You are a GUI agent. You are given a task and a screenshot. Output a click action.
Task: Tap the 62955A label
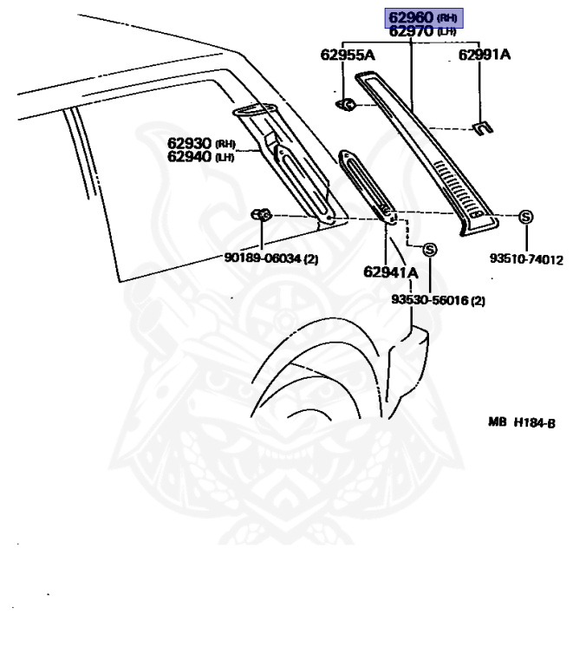coord(347,55)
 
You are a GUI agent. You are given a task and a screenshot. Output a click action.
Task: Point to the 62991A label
coord(484,55)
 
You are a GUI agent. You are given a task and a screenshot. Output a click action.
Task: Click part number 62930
coord(190,143)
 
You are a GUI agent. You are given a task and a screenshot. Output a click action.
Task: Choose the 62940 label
coord(190,156)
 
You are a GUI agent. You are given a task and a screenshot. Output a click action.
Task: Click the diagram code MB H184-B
coord(520,422)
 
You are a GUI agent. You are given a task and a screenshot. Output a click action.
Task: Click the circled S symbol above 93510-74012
coord(525,217)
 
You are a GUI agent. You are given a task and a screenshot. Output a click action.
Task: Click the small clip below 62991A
coord(481,128)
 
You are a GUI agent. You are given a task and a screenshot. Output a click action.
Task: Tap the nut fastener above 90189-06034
coord(260,215)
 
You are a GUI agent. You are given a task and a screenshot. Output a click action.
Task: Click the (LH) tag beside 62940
coord(225,157)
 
